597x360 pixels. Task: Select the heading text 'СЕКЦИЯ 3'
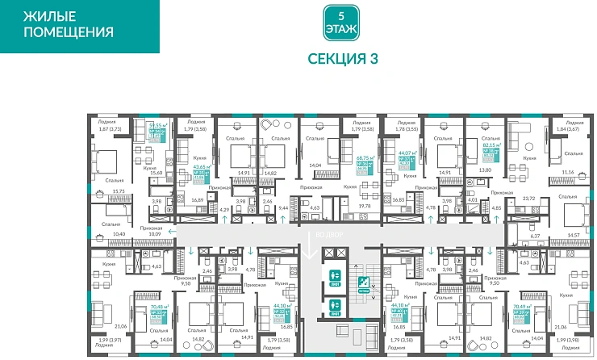(x=342, y=58)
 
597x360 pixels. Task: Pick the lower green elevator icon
(x=335, y=306)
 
